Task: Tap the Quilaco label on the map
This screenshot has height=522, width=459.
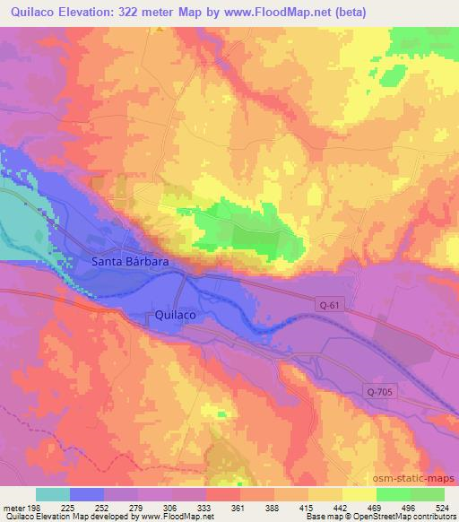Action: point(177,316)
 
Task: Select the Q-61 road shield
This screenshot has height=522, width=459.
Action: point(329,305)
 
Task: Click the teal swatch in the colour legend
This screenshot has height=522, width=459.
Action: point(53,494)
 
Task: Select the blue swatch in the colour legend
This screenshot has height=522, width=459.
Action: point(87,494)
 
